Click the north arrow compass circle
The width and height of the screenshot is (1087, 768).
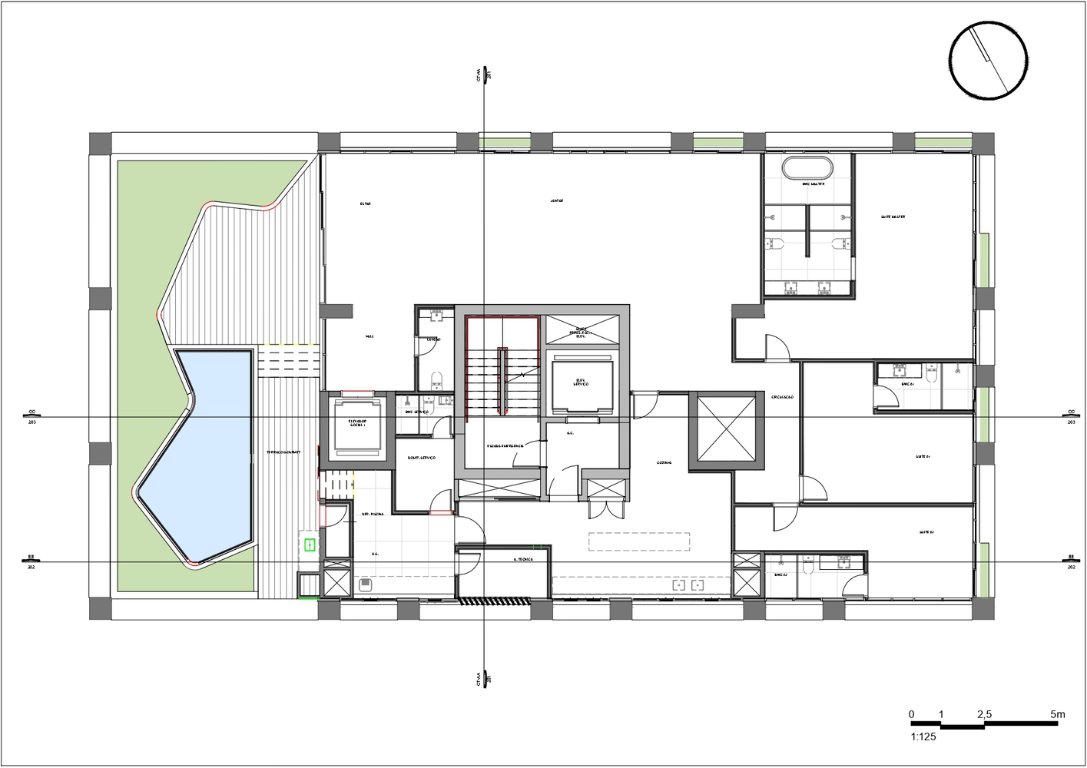988,60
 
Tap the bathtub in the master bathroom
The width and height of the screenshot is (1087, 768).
806,167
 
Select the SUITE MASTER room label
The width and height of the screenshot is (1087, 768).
893,217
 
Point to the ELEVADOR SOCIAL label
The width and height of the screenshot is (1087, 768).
358,423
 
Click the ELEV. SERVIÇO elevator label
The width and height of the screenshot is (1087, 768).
582,382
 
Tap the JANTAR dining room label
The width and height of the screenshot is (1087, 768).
557,201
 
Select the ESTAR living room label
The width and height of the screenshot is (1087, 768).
366,204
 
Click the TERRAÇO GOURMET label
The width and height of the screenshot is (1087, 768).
283,452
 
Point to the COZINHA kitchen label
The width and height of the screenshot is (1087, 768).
664,462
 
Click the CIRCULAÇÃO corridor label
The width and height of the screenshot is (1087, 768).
783,397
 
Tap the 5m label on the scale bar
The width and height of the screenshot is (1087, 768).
1058,714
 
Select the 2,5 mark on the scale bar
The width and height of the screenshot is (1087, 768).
984,714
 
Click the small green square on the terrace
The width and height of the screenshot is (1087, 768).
310,545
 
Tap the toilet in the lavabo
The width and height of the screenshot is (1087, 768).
437,378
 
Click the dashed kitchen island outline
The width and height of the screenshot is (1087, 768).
639,541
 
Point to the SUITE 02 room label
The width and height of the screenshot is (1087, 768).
926,532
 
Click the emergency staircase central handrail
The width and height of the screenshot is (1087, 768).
503,382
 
